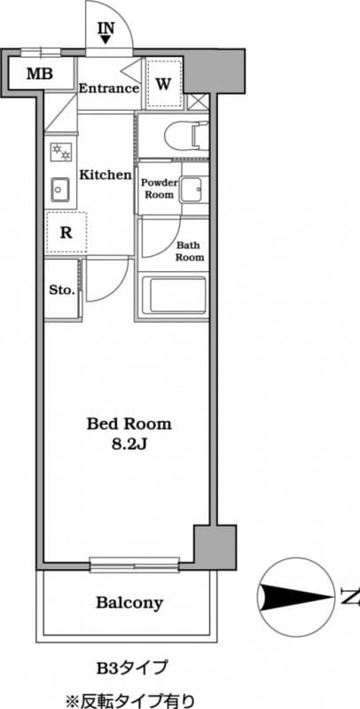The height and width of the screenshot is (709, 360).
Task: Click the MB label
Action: tap(39, 74)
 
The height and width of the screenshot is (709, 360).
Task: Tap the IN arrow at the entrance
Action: tap(106, 40)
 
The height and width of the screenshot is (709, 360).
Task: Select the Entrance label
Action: tap(109, 88)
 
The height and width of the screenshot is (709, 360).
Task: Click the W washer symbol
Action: tap(163, 83)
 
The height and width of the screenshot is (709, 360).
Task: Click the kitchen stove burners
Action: tap(60, 152)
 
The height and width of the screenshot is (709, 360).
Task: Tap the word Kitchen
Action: tap(106, 175)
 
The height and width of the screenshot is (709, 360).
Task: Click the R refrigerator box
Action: tap(66, 233)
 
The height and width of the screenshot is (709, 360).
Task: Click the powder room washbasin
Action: tap(193, 190)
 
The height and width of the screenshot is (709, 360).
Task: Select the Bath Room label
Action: tap(190, 252)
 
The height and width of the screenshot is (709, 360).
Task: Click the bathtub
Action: tap(174, 295)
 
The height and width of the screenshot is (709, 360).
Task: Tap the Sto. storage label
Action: tap(62, 291)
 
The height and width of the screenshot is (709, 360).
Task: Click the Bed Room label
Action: tap(129, 425)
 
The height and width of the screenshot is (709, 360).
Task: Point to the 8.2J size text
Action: tap(129, 446)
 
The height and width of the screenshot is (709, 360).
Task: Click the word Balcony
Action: tap(129, 603)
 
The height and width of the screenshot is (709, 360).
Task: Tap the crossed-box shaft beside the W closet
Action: tap(198, 101)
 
